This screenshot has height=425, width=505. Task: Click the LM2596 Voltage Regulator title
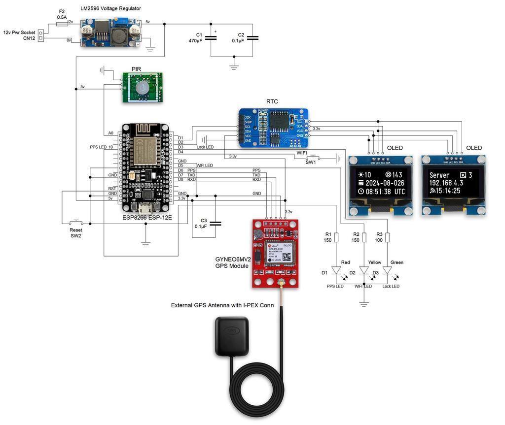tap(110, 9)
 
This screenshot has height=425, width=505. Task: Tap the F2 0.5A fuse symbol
tap(62, 23)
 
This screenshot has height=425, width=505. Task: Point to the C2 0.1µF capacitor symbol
tap(253, 37)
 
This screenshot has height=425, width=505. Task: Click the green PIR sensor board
tap(143, 88)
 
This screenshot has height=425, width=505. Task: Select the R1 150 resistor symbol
tap(336, 237)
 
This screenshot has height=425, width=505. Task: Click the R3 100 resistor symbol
tap(387, 237)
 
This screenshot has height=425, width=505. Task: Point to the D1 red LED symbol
tap(336, 271)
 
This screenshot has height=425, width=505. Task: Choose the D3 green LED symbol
tap(387, 271)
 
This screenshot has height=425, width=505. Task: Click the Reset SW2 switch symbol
tap(76, 222)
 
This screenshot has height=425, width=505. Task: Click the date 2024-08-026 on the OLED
tap(382, 183)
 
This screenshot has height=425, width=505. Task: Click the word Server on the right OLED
tap(439, 175)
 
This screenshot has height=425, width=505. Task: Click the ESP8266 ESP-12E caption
tap(147, 217)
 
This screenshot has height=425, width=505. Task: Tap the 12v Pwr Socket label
tap(20, 33)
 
